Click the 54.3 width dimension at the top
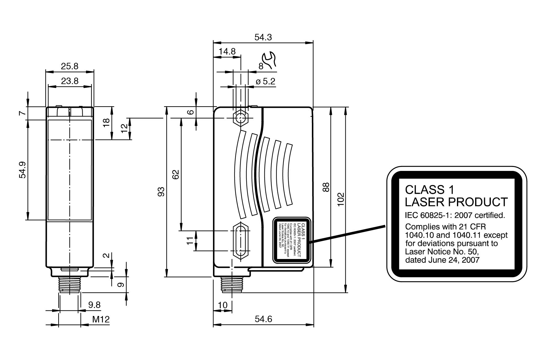263,37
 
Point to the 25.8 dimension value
69,66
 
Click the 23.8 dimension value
69,81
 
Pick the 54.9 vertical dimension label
22,170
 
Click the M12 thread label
101,319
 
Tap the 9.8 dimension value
94,305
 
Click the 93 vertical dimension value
161,192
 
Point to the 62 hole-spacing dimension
175,174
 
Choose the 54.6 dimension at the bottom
263,319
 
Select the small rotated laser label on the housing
291,241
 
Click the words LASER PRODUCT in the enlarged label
456,202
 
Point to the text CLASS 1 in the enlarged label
425,189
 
